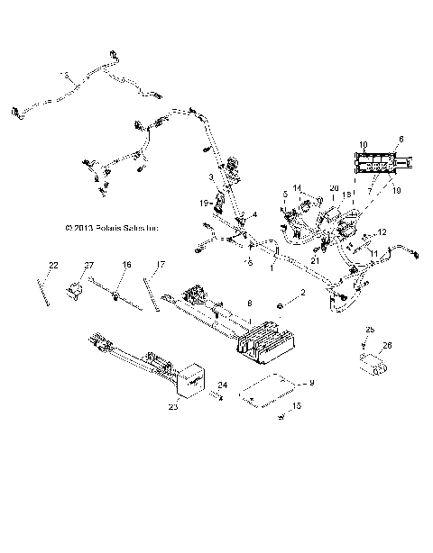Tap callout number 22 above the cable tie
53,265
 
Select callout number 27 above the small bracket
89,265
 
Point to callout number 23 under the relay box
173,407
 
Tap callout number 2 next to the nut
303,295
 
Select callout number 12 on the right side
382,232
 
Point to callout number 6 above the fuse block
401,138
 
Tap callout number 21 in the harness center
315,260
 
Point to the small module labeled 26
373,363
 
